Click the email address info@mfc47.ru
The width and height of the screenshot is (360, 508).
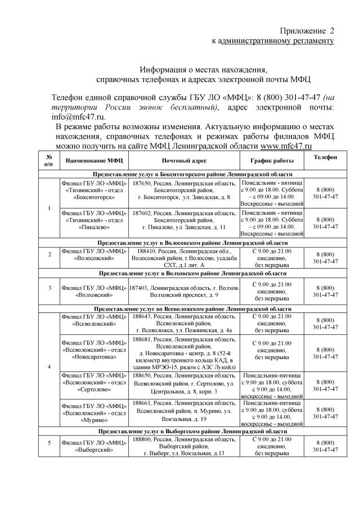coord(78,116)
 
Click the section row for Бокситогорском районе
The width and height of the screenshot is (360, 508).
coord(193,175)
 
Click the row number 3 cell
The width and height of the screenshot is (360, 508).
coord(49,288)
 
